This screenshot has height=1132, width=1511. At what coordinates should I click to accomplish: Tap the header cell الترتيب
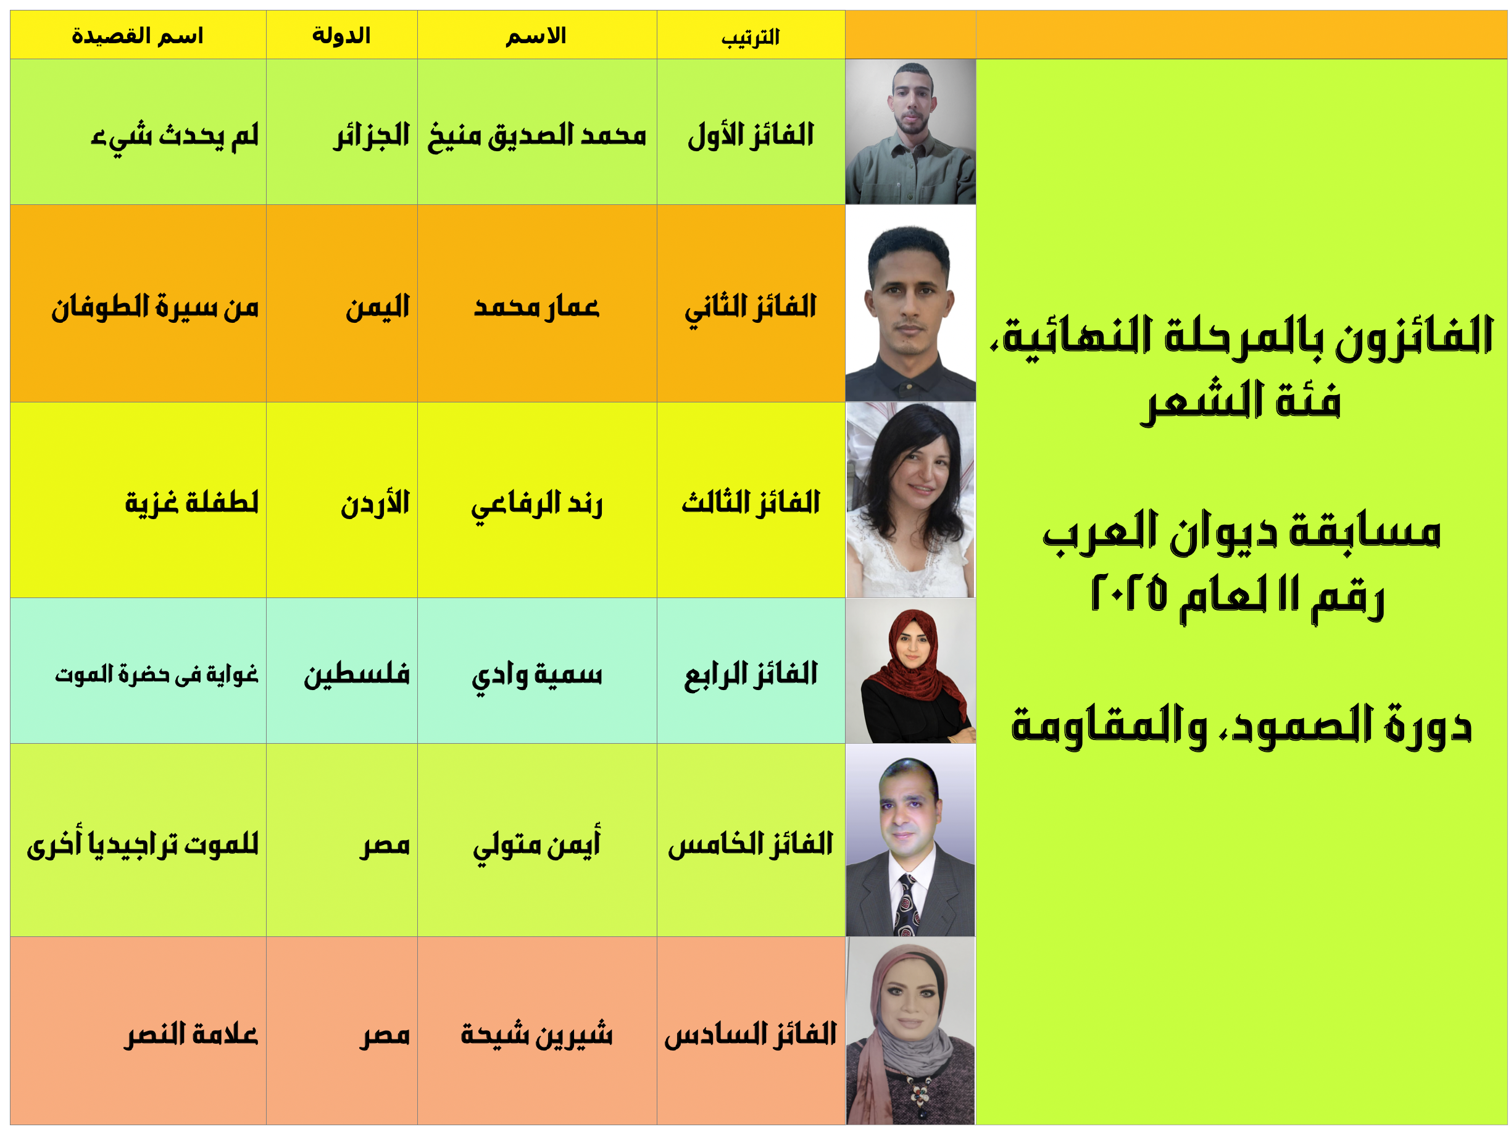751,37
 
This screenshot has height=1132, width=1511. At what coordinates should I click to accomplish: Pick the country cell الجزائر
372,135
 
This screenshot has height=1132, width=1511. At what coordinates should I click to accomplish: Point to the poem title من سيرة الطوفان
155,307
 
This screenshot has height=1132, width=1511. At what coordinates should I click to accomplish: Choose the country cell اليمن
378,307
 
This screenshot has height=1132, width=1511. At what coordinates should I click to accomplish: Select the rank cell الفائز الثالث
751,503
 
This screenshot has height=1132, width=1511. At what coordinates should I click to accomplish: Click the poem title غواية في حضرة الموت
156,674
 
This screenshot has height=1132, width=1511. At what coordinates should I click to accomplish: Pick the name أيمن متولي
537,845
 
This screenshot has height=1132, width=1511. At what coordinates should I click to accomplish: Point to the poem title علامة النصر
191,1034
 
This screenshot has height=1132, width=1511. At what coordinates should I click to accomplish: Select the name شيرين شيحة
537,1034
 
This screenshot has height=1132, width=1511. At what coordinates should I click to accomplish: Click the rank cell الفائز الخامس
751,844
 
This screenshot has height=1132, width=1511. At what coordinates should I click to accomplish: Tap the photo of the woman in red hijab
910,671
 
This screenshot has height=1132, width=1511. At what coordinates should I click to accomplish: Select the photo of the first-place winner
910,132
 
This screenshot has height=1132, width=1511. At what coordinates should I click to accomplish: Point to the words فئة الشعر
1241,401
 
